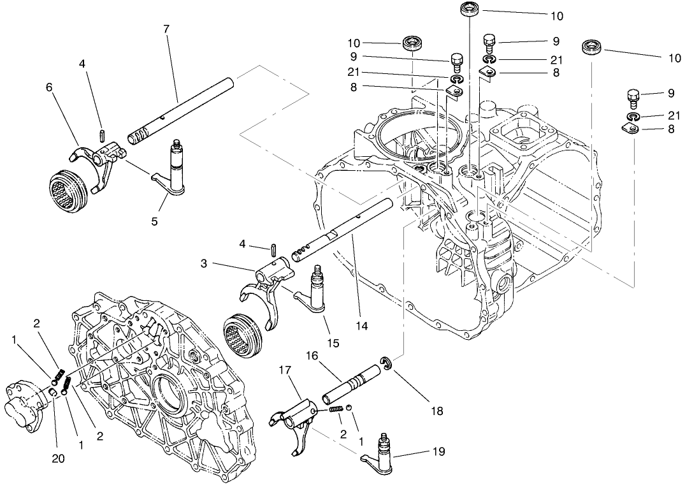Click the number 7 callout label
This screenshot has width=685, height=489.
tap(166, 30)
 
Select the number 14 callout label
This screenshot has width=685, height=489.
tap(362, 326)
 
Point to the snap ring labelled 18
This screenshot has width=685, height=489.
tap(387, 364)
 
